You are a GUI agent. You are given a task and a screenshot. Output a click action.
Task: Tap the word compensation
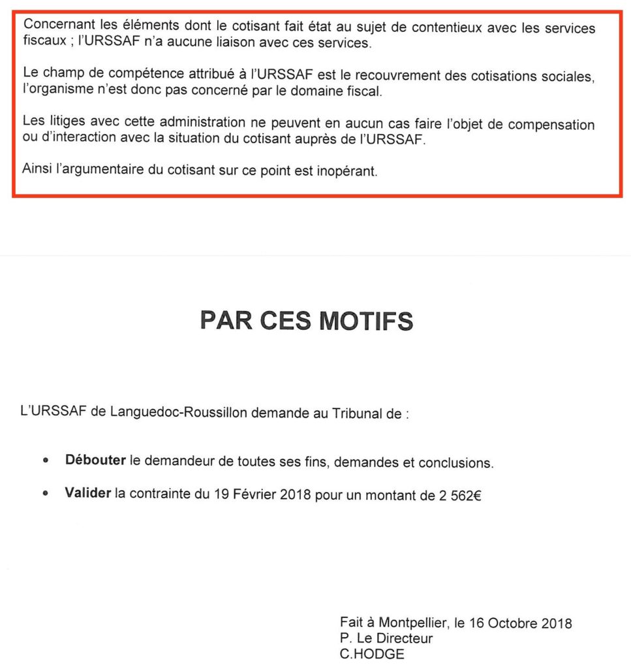553,123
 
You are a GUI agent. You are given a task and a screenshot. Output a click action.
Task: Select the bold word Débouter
95,461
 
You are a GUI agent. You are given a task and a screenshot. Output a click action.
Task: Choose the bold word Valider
87,494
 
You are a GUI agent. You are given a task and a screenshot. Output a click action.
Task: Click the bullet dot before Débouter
45,461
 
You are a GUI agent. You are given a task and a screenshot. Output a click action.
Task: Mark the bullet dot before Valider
45,495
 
